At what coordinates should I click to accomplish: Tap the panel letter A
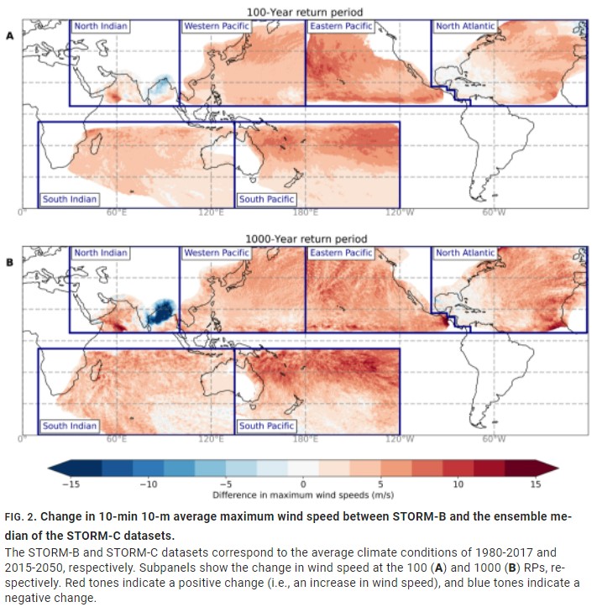pos(10,36)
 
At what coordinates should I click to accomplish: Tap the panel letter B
pos(10,263)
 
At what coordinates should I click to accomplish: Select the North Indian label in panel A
pos(101,26)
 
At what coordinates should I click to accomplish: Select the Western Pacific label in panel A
pos(217,26)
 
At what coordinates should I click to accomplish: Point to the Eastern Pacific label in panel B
pos(340,253)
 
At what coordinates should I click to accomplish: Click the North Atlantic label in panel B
pos(465,253)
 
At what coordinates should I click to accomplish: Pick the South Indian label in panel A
pos(70,199)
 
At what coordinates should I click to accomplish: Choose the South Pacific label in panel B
pos(266,426)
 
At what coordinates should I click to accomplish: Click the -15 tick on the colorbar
pos(71,484)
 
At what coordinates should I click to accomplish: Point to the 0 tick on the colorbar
pos(303,484)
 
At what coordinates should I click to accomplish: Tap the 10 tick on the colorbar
pos(458,484)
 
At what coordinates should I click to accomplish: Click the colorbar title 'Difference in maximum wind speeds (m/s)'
pos(303,495)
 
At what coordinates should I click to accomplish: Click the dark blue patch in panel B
pos(159,311)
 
